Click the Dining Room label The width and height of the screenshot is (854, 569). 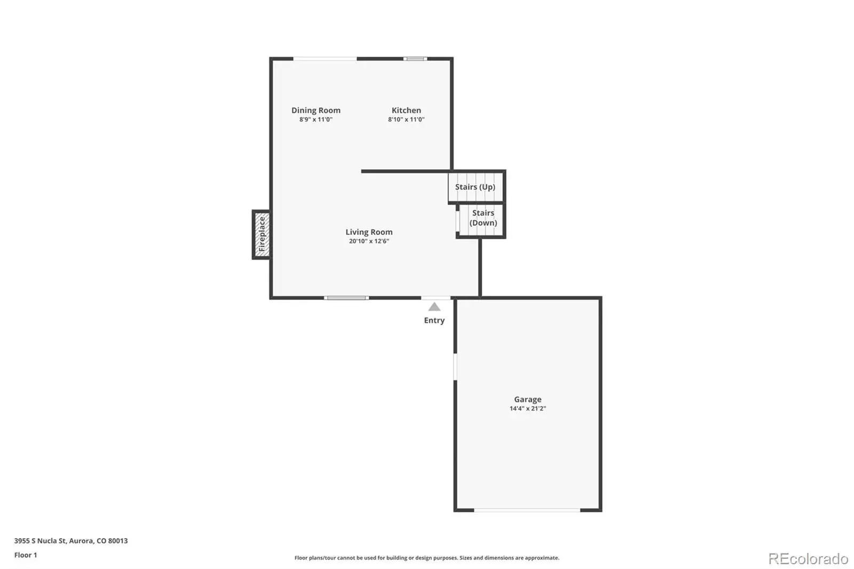(x=315, y=110)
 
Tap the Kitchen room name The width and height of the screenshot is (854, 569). (x=406, y=110)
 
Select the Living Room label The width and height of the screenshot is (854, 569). (x=369, y=232)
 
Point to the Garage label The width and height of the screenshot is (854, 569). (x=528, y=399)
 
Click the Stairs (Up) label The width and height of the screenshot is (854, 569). (x=475, y=187)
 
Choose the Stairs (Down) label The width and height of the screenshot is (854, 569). (x=483, y=218)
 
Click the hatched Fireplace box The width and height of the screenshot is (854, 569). (x=262, y=234)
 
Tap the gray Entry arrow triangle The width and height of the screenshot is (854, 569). (x=434, y=306)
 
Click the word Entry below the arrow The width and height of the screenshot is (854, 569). (x=434, y=320)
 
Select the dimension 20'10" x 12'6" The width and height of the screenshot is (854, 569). (x=369, y=241)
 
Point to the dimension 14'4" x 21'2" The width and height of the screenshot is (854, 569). (x=528, y=408)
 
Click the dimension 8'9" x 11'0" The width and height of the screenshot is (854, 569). (x=315, y=120)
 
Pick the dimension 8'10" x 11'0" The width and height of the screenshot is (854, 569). (x=406, y=120)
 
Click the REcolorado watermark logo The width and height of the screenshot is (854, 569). (x=808, y=559)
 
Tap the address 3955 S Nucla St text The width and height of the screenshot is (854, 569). (x=41, y=541)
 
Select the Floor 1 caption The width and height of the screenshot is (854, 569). (x=26, y=555)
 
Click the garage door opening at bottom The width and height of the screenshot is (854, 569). (x=527, y=510)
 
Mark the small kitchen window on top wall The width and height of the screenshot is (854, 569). (x=415, y=59)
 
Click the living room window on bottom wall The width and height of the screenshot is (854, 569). (x=346, y=298)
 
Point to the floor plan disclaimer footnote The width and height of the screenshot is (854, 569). (x=426, y=558)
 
